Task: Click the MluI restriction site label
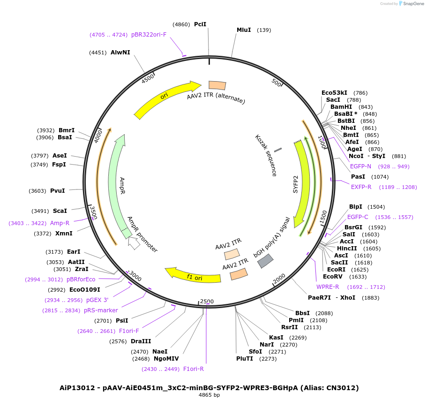point(243,30)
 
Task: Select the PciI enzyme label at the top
point(200,24)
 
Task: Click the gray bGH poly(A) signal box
point(266,261)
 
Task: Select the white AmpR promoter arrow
point(134,243)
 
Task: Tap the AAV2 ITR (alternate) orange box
point(217,85)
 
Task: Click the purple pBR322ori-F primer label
point(149,34)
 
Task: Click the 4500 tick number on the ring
point(148,78)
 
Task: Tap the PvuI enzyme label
point(58,191)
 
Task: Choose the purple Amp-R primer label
point(60,223)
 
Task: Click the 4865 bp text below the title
point(209,395)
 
